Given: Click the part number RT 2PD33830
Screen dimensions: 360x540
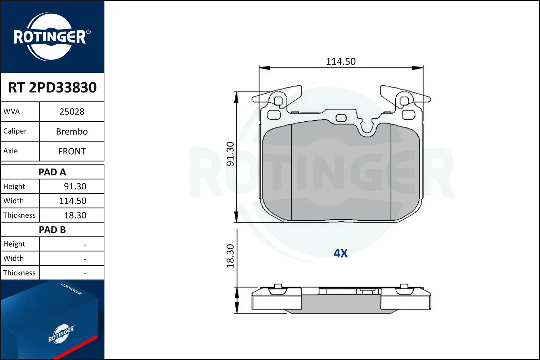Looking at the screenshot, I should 53,87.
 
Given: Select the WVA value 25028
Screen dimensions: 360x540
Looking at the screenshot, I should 72,112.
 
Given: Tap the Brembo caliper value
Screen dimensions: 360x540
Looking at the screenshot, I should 72,131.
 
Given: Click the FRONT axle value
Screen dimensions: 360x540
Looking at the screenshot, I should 72,151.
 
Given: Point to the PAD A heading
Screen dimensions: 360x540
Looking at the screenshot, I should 52,172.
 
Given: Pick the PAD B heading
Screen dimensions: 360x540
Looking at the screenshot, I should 52,230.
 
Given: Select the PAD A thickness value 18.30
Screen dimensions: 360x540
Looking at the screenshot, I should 75,215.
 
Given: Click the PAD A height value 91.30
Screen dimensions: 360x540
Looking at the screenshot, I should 75,186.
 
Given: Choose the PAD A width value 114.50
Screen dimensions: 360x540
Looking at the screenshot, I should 73,201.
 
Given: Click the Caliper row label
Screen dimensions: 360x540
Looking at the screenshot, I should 15,131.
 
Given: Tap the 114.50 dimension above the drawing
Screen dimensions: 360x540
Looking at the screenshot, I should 341,62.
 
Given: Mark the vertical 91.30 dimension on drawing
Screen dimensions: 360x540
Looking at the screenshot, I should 230,154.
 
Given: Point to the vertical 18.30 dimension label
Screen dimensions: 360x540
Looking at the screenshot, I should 230,256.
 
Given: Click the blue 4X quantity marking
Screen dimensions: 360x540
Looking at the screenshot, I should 341,253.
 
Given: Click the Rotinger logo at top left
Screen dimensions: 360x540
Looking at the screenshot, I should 50,37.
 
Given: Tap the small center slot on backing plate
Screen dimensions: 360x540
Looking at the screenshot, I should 341,118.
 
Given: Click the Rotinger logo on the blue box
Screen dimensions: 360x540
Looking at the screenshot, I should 61,334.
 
